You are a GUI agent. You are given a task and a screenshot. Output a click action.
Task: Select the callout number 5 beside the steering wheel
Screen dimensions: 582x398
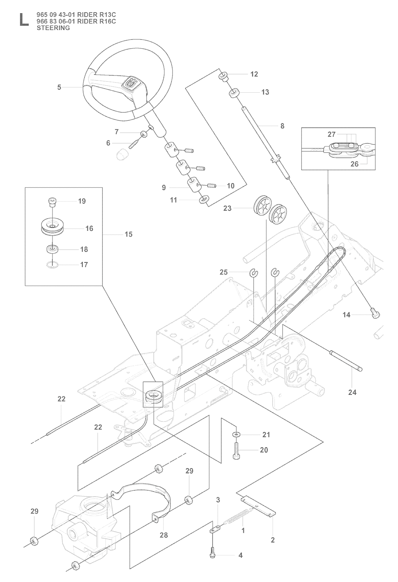click(59, 87)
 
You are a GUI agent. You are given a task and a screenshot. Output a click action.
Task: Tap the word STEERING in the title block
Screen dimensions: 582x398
click(53, 28)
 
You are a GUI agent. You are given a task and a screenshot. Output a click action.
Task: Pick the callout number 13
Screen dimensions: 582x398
click(265, 92)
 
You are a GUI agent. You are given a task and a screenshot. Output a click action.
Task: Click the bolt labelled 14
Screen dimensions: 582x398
click(375, 314)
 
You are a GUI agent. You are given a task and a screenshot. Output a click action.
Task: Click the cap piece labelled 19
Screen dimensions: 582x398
click(51, 201)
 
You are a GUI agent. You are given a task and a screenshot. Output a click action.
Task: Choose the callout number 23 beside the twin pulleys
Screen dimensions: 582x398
click(227, 208)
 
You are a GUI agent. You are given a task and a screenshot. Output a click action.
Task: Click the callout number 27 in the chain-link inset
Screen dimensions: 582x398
click(331, 135)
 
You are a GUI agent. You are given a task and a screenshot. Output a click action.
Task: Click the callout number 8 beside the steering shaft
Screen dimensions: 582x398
click(282, 126)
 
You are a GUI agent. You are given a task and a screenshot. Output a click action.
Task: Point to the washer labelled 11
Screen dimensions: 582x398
click(203, 200)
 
